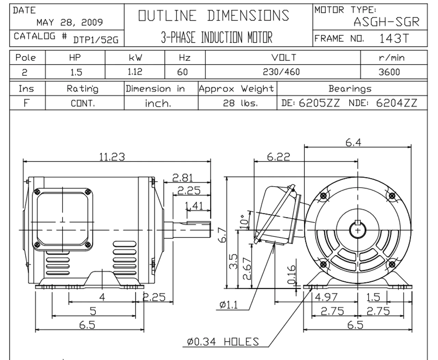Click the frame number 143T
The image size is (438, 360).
pyautogui.click(x=394, y=38)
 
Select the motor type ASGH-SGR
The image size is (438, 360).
pyautogui.click(x=386, y=22)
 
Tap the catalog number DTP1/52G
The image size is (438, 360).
pyautogui.click(x=95, y=40)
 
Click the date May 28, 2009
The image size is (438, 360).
pyautogui.click(x=69, y=23)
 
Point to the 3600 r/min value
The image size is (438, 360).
pyautogui.click(x=389, y=72)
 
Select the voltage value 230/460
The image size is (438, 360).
pyautogui.click(x=281, y=72)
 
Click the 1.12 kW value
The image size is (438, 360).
pyautogui.click(x=135, y=72)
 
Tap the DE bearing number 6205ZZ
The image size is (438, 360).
pyautogui.click(x=319, y=103)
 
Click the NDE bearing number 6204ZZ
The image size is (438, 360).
pyautogui.click(x=397, y=103)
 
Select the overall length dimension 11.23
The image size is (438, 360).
pyautogui.click(x=112, y=157)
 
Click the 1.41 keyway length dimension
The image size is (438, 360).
pyautogui.click(x=194, y=206)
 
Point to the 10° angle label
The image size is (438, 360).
pyautogui.click(x=243, y=221)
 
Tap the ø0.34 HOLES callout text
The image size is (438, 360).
pyautogui.click(x=223, y=341)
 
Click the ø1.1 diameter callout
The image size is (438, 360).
pyautogui.click(x=229, y=305)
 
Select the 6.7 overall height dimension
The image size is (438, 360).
pyautogui.click(x=222, y=235)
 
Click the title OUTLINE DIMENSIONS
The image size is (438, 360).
pyautogui.click(x=214, y=16)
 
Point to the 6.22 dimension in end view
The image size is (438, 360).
pyautogui.click(x=278, y=157)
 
